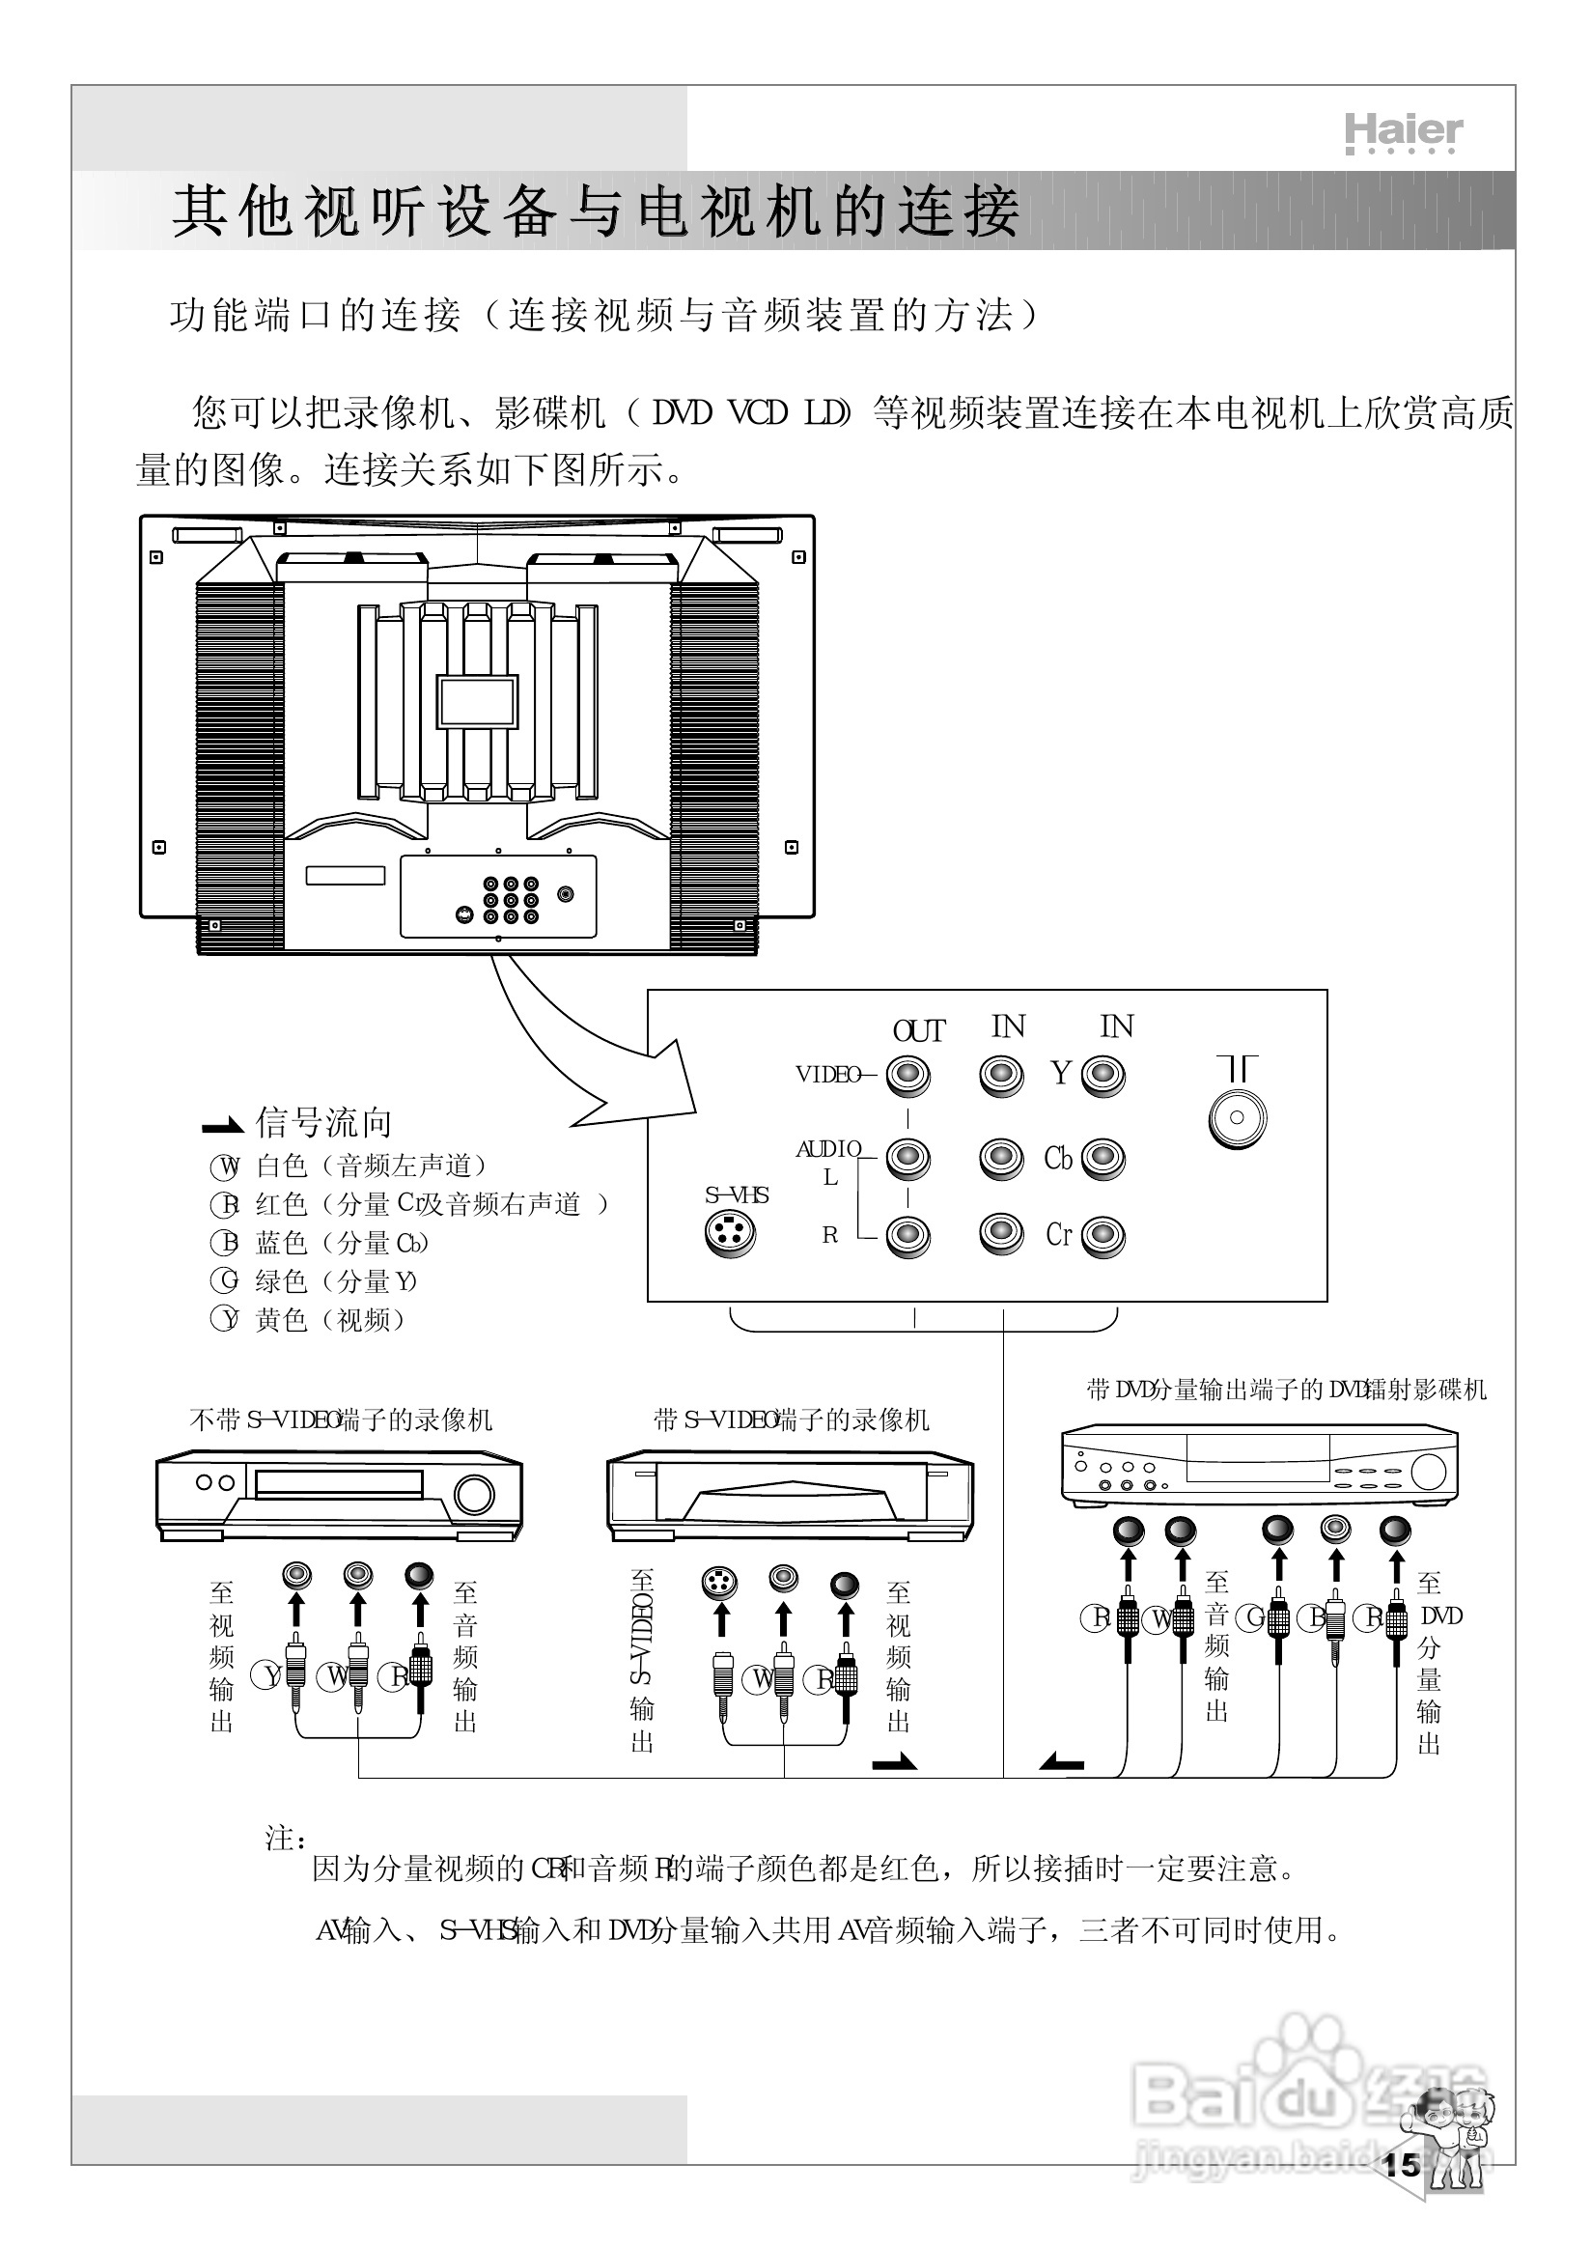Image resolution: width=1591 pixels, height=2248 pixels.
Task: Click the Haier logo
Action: [1403, 132]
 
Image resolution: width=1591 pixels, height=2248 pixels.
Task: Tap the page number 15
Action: [1402, 2165]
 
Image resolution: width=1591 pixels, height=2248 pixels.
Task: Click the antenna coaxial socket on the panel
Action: [1238, 1118]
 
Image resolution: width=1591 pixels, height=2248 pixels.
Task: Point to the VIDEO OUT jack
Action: [908, 1076]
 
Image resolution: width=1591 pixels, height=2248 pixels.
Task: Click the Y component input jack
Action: [1104, 1076]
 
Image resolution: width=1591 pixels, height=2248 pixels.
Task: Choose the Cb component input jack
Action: [1104, 1160]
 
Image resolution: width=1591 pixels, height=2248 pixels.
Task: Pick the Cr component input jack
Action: [1104, 1236]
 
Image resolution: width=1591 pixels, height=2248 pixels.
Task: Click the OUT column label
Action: [919, 1031]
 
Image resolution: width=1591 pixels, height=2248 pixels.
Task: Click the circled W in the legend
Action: [225, 1167]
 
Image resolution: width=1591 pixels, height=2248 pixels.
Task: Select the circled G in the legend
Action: [225, 1280]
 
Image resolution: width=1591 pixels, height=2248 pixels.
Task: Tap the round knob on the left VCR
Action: [474, 1495]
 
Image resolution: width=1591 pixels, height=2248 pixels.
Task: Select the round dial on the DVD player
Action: [1429, 1472]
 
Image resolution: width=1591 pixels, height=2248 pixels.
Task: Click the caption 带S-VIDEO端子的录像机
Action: [792, 1419]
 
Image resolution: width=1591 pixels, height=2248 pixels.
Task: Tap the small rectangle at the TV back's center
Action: [477, 701]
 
